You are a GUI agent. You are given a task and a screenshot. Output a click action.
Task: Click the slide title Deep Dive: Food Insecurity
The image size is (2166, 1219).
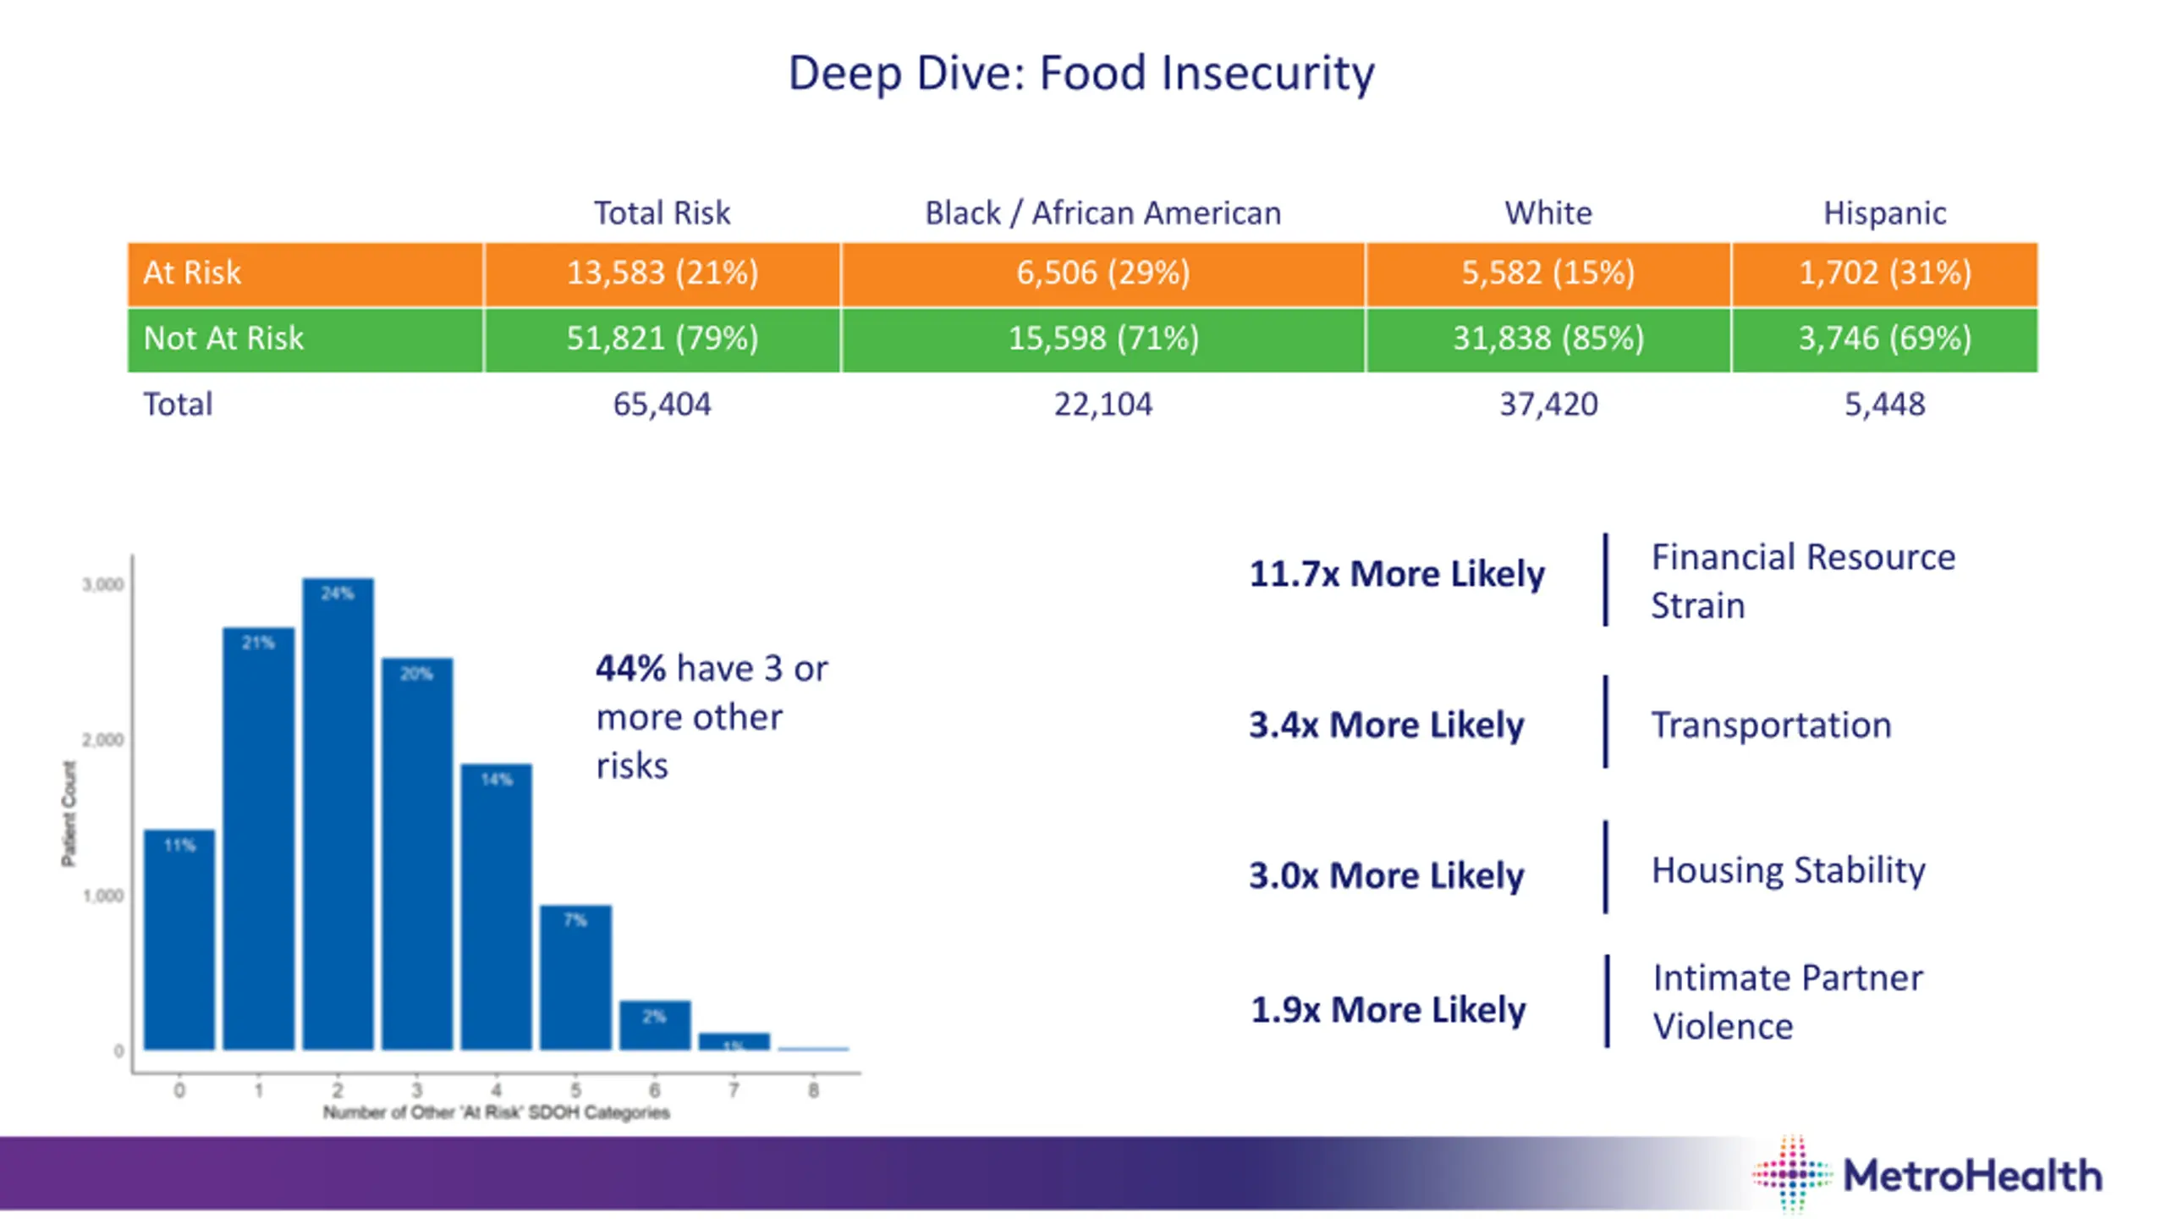coord(1080,73)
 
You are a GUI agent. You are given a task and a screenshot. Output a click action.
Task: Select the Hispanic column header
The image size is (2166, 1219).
coord(1884,213)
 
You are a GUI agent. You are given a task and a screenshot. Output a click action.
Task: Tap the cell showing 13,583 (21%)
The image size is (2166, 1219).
coord(662,273)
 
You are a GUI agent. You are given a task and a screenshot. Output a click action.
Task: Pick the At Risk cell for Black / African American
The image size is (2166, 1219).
coord(1102,273)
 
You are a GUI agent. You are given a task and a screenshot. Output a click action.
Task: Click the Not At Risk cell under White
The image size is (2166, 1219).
coord(1548,339)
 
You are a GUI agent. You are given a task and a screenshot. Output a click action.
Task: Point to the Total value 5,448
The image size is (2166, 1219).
coord(1884,405)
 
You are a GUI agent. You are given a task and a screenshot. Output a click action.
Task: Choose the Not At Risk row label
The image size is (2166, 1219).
coord(223,339)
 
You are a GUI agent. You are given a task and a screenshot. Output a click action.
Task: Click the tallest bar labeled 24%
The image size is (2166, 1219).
coord(338,813)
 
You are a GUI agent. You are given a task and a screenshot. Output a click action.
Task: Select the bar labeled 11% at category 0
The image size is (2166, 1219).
coord(179,940)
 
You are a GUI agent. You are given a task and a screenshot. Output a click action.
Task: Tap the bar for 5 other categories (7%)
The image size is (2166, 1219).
coord(575,978)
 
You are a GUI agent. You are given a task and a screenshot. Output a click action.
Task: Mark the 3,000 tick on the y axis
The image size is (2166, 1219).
coord(103,585)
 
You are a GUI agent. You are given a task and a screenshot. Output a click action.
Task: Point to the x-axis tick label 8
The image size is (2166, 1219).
coord(813,1090)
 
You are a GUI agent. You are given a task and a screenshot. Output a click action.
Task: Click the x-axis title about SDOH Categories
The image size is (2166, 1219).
coord(496,1112)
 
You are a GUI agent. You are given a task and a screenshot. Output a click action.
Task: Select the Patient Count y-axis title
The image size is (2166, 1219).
coord(69,814)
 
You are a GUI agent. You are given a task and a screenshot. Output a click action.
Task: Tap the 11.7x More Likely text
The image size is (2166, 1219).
coord(1396,575)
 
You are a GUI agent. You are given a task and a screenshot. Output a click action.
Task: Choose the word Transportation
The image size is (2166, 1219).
coord(1771,725)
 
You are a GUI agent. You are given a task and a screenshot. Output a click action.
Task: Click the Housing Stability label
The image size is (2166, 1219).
coord(1788,870)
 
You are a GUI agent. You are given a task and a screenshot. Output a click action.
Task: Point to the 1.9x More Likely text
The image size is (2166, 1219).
coord(1388,1010)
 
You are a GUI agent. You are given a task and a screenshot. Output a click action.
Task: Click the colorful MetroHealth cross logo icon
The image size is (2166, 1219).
coord(1792,1175)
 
